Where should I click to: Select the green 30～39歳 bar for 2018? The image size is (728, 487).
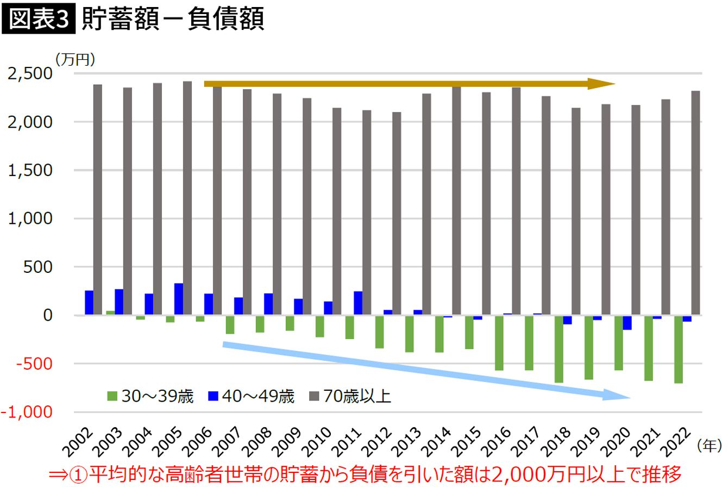tap(558, 348)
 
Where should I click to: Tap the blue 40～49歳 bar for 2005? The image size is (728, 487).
tap(178, 299)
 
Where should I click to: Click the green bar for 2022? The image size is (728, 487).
tap(678, 349)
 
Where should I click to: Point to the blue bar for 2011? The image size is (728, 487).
tap(357, 303)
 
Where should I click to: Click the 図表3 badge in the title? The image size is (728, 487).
tap(38, 20)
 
